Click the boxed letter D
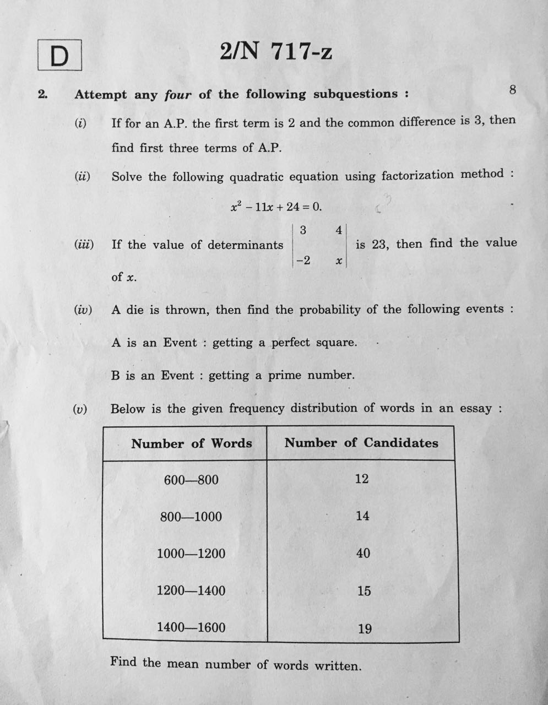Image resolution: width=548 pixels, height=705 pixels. pos(59,56)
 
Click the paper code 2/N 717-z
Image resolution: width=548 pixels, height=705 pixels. pos(276,52)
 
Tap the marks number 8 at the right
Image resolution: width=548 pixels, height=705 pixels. pos(513,90)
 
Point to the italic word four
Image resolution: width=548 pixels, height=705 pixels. pos(178,95)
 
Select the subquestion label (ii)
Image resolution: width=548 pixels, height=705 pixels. pos(82,176)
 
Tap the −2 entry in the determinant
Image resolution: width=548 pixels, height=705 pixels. pos(303,260)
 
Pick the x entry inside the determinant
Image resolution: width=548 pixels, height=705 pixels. pos(339,261)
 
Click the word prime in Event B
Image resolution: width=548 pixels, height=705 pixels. pos(285,376)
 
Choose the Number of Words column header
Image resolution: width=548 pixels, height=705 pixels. pos(191,443)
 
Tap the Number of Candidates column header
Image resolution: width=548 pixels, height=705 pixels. pos(361,443)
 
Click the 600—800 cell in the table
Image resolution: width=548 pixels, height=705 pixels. pos(191,480)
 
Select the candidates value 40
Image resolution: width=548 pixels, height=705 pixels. pos(363,553)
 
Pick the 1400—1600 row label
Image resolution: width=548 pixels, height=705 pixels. pos(191,627)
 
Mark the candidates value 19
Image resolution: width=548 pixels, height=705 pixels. pos(365,628)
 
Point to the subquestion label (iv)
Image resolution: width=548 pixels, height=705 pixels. pos(83,310)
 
